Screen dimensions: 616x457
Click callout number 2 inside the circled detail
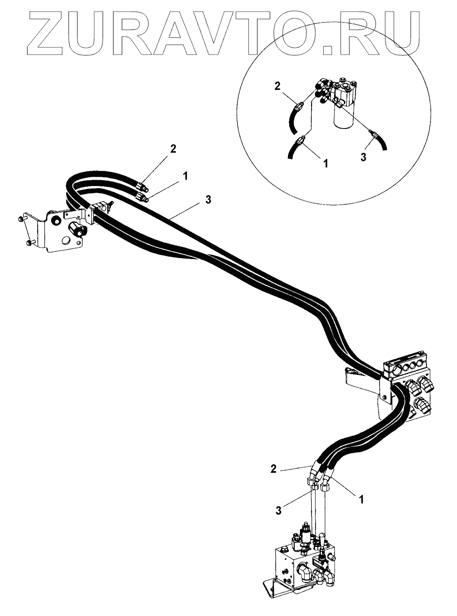point(277,86)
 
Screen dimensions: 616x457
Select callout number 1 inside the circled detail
point(326,163)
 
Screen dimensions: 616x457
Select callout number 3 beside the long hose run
point(208,200)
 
